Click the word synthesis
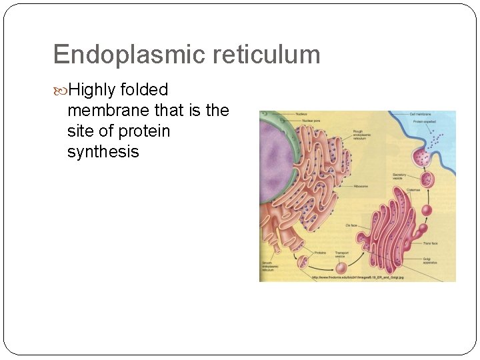pyautogui.click(x=103, y=152)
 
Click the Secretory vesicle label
pyautogui.click(x=399, y=177)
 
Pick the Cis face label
pyautogui.click(x=351, y=226)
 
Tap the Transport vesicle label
pyautogui.click(x=341, y=255)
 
